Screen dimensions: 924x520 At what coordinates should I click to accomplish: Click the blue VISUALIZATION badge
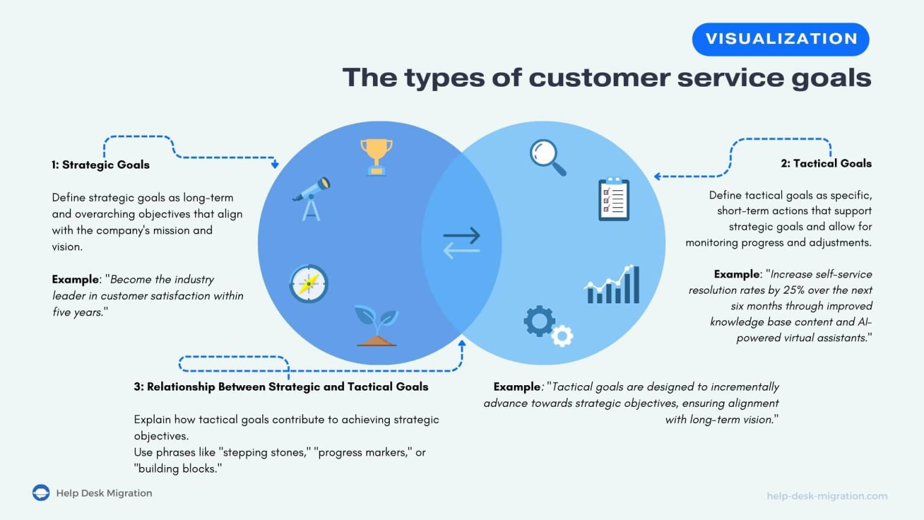click(780, 39)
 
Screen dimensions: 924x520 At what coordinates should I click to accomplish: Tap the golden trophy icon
click(376, 157)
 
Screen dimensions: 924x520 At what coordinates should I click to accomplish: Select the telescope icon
click(312, 199)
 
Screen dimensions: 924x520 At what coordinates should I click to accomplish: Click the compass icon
click(309, 283)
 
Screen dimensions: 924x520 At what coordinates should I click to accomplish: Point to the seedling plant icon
click(376, 325)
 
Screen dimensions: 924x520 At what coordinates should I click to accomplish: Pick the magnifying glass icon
click(548, 158)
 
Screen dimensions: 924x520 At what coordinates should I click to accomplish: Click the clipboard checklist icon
click(614, 199)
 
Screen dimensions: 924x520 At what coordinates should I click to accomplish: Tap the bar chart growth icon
click(612, 285)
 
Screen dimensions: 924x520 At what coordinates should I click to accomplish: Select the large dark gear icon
click(539, 321)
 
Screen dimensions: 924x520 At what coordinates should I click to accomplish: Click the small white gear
click(562, 336)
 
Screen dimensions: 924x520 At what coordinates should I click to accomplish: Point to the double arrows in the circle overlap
click(461, 243)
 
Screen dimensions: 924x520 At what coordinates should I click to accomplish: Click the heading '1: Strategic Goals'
click(100, 165)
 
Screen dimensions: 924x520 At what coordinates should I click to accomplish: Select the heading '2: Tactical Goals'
click(826, 164)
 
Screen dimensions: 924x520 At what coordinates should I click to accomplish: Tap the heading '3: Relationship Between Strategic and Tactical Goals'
click(281, 387)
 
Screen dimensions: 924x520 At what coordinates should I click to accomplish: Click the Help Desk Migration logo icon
click(41, 492)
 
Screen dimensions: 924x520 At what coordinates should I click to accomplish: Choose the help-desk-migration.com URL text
click(827, 496)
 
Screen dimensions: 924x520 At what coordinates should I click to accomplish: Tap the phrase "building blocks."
click(178, 468)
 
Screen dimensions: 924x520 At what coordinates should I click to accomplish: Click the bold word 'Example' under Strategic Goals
click(75, 279)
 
